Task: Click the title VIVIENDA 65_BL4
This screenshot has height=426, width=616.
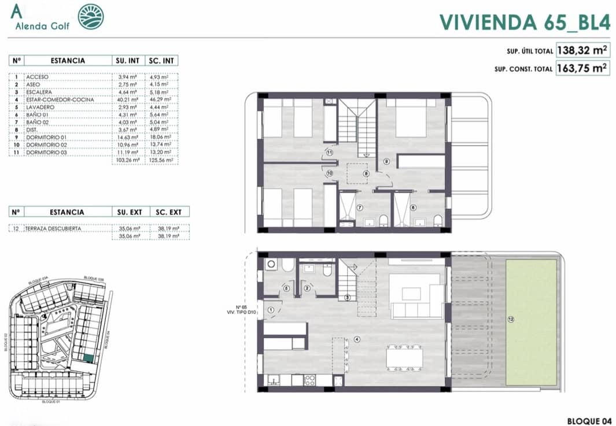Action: point(525,21)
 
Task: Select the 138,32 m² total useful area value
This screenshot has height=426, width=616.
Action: point(581,51)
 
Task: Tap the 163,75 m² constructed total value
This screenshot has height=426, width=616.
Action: point(581,68)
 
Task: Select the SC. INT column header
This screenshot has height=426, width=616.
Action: point(162,61)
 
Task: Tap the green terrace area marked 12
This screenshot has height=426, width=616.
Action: point(532,321)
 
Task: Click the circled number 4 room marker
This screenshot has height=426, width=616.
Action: point(357,339)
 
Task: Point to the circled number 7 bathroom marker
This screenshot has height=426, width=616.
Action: point(359,208)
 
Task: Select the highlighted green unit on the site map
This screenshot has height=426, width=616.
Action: point(87,358)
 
